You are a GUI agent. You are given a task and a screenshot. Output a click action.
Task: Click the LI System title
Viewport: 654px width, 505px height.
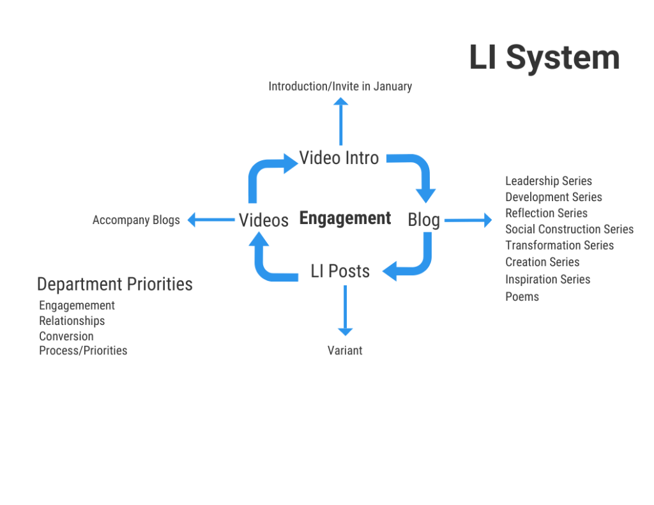click(544, 57)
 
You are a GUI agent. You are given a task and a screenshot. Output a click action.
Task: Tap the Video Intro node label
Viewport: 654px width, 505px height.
click(339, 158)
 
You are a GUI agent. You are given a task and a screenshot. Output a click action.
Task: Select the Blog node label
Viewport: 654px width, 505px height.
click(423, 220)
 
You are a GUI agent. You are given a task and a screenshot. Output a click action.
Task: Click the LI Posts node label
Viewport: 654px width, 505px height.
click(340, 271)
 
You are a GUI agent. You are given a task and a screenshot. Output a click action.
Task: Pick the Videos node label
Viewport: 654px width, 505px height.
click(264, 220)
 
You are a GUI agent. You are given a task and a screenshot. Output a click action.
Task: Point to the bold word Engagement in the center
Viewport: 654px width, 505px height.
click(345, 219)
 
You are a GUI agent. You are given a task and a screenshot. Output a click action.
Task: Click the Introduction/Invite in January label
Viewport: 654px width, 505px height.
click(340, 86)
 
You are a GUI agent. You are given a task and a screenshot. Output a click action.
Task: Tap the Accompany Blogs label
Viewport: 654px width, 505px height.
click(136, 220)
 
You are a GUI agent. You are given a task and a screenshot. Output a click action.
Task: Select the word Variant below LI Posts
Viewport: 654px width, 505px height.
click(345, 350)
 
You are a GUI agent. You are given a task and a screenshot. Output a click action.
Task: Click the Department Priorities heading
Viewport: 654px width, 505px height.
click(115, 284)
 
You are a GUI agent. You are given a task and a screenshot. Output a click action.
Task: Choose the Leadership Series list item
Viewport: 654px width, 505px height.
click(549, 181)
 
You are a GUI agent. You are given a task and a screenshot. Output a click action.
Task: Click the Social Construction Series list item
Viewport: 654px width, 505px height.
click(569, 229)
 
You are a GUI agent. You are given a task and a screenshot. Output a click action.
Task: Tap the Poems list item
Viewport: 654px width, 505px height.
click(522, 297)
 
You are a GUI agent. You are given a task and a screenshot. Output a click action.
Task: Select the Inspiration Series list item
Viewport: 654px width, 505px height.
click(547, 280)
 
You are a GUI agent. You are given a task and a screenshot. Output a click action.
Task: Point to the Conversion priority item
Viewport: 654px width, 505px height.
click(66, 336)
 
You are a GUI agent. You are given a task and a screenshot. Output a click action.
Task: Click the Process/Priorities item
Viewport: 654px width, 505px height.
click(83, 350)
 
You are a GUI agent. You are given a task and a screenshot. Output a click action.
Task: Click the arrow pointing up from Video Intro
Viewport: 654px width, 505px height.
click(340, 121)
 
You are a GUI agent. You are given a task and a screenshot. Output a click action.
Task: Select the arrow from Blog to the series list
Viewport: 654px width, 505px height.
click(468, 220)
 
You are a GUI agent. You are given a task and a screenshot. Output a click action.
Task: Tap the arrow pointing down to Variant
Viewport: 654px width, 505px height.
click(345, 310)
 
